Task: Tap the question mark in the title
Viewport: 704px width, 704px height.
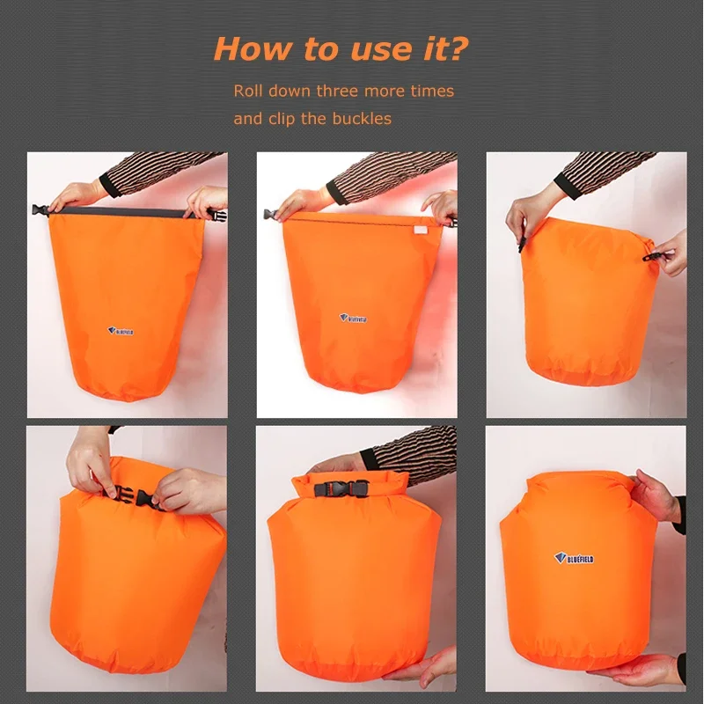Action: (457, 48)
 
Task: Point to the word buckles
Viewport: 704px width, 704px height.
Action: (362, 118)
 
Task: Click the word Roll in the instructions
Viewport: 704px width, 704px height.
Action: (249, 91)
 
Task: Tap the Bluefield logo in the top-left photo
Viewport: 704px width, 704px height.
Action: (124, 332)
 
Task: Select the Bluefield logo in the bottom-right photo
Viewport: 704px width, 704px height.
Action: (574, 558)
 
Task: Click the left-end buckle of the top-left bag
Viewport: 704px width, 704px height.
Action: (40, 210)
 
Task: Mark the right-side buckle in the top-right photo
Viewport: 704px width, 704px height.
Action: (654, 256)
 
